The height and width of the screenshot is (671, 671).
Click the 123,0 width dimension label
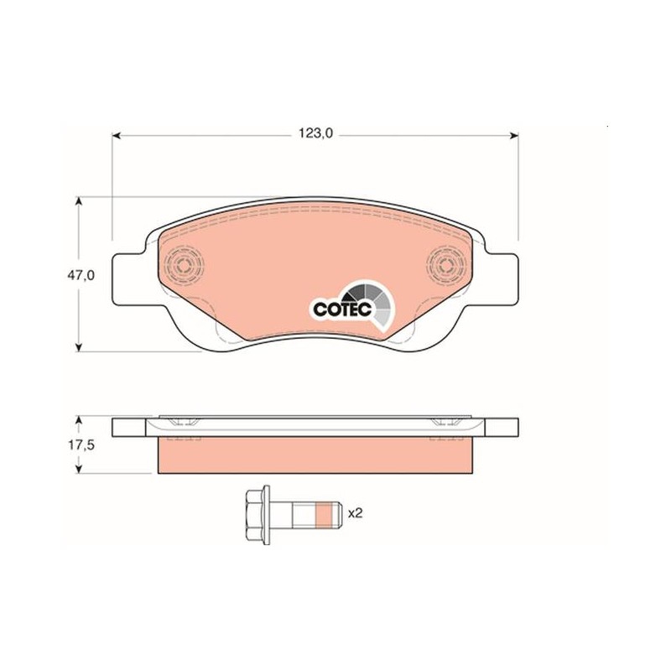[x=315, y=133]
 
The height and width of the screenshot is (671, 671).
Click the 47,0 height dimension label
[x=81, y=276]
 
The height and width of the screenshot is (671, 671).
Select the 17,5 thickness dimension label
[x=81, y=445]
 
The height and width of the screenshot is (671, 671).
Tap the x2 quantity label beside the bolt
[x=355, y=512]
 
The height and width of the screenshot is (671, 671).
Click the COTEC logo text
[x=342, y=309]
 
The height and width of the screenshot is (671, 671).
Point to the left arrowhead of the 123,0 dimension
[x=116, y=136]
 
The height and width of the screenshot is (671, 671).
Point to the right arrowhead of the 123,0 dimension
[x=514, y=136]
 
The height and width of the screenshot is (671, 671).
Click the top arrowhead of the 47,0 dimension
[x=78, y=201]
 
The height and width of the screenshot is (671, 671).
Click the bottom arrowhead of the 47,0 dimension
[x=78, y=347]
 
